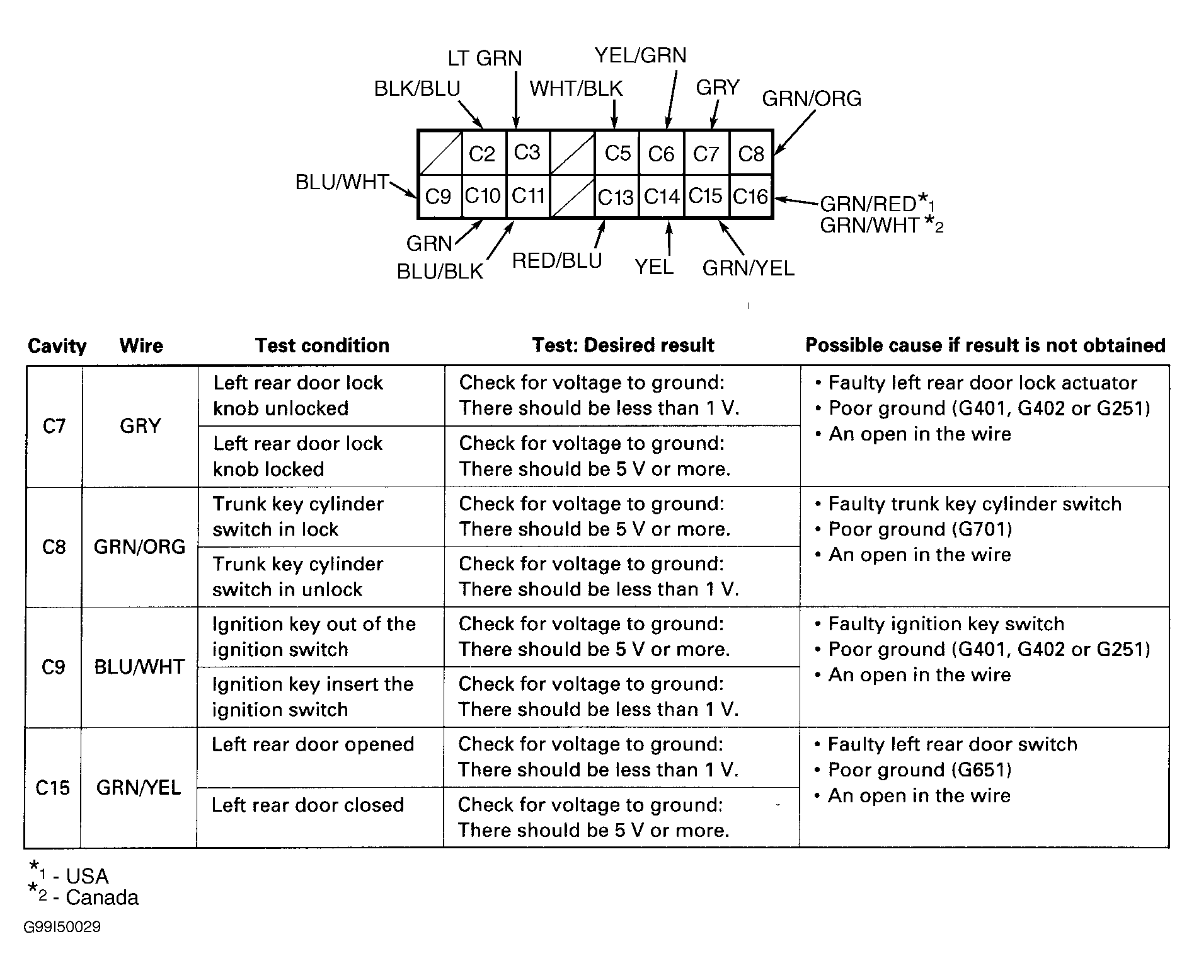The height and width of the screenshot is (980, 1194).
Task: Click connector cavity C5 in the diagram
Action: tap(617, 153)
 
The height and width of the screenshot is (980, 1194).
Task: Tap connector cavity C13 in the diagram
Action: tap(616, 197)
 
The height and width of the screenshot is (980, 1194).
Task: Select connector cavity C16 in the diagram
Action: tap(750, 197)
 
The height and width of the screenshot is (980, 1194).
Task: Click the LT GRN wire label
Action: tap(485, 59)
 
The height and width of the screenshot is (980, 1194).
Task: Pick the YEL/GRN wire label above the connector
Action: tap(640, 55)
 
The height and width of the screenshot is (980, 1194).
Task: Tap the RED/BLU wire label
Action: tap(557, 261)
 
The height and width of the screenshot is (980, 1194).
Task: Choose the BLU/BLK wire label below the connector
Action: tap(440, 272)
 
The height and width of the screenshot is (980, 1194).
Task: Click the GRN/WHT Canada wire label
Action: tap(870, 225)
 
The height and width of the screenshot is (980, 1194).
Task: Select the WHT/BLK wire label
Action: tap(576, 89)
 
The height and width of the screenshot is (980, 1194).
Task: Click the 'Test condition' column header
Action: tap(322, 345)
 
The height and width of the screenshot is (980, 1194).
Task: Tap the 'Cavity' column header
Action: tap(57, 346)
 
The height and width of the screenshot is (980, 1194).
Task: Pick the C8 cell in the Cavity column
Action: tap(54, 546)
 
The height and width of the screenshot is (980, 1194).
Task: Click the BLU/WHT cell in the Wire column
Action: tap(139, 667)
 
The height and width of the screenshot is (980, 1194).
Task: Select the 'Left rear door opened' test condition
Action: tap(313, 744)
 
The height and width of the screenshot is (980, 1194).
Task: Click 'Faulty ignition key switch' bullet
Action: tap(946, 624)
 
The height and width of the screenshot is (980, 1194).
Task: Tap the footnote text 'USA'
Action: tap(87, 876)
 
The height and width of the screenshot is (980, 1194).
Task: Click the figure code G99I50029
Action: tap(62, 927)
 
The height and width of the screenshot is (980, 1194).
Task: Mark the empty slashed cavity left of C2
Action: tap(440, 153)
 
